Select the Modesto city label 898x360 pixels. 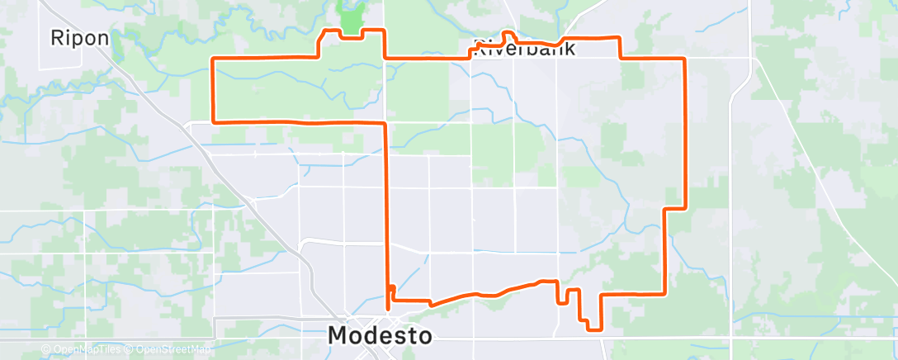380,335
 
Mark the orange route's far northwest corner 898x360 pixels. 215,59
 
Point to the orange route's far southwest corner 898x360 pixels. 215,121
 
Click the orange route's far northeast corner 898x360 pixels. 684,59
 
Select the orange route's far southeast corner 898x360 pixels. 665,293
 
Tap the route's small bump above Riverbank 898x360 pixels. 508,35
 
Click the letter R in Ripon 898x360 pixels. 56,38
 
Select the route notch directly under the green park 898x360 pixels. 351,36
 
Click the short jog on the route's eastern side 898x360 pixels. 676,207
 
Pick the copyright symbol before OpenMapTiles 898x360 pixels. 46,350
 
